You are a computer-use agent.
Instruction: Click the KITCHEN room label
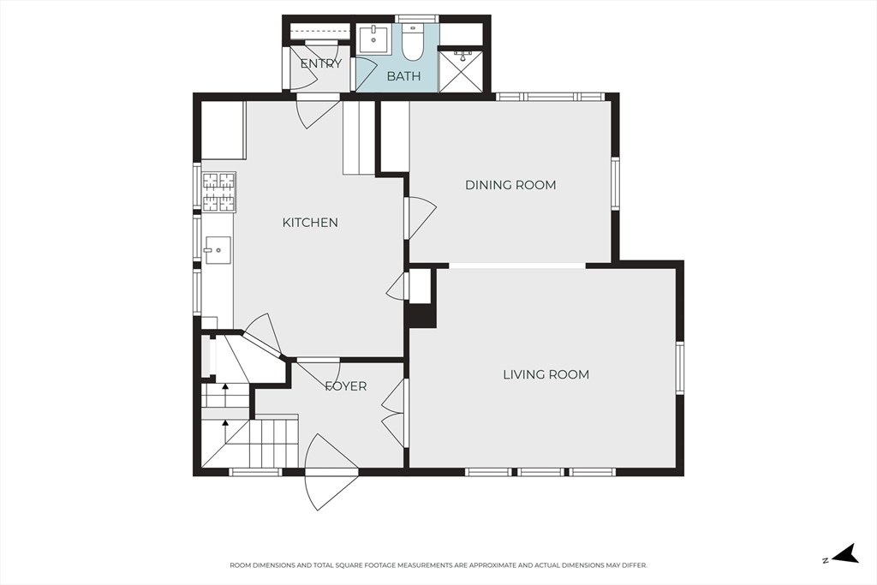(x=310, y=223)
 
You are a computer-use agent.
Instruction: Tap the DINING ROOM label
(x=510, y=185)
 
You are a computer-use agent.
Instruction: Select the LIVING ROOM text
(x=546, y=374)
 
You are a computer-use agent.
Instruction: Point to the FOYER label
(x=346, y=386)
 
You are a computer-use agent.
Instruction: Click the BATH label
(x=404, y=76)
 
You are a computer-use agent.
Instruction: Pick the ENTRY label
(x=320, y=63)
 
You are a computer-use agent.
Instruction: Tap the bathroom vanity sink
(x=373, y=39)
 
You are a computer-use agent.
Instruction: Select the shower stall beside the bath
(x=460, y=71)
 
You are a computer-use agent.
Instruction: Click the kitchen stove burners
(x=218, y=193)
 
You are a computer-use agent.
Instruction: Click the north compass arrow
(x=844, y=553)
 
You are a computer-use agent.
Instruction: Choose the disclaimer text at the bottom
(x=438, y=565)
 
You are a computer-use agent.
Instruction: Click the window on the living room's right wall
(x=679, y=368)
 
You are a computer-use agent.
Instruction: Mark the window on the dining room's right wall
(x=615, y=183)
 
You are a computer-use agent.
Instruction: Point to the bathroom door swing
(x=365, y=73)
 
